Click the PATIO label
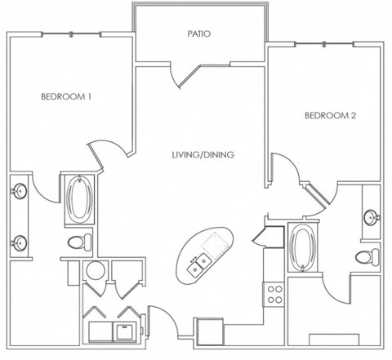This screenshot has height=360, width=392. [199, 34]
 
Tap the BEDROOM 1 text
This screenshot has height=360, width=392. [66, 97]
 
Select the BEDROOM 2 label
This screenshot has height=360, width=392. [330, 116]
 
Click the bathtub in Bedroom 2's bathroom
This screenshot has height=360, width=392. [301, 248]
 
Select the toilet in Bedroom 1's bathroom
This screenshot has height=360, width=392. [78, 241]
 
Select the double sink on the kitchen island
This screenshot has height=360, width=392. [198, 264]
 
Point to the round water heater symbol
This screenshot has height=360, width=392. [95, 273]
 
